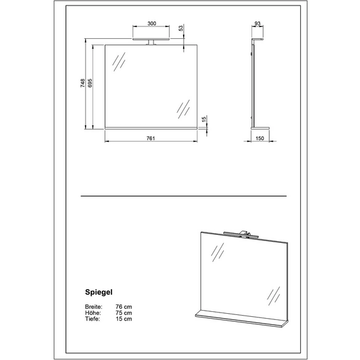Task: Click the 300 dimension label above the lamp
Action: point(152,23)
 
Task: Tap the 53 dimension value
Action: point(181,28)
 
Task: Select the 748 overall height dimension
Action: point(83,83)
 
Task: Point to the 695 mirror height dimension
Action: point(90,83)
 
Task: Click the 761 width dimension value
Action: point(151,138)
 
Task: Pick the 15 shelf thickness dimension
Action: point(204,119)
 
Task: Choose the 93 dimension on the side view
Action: point(258,23)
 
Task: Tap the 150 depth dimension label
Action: point(260,138)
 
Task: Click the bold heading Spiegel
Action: point(99,292)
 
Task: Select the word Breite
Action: point(94,307)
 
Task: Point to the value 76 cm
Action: point(124,307)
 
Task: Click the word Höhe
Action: point(92,313)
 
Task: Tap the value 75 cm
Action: point(124,313)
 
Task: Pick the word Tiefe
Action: point(92,319)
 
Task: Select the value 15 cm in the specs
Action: point(124,319)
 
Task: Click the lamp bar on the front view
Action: point(151,39)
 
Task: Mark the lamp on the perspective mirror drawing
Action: point(241,234)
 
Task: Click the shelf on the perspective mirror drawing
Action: point(242,317)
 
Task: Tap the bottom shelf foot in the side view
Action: point(260,128)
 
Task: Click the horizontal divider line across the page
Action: point(184,196)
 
